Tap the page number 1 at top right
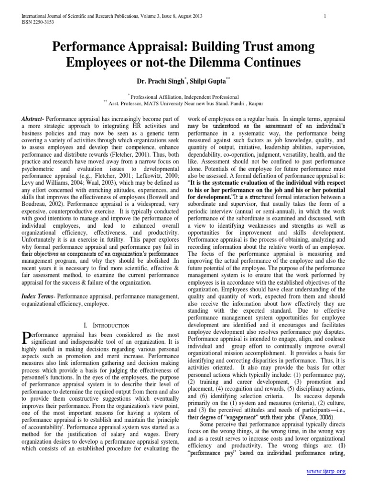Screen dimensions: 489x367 tap(324, 16)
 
